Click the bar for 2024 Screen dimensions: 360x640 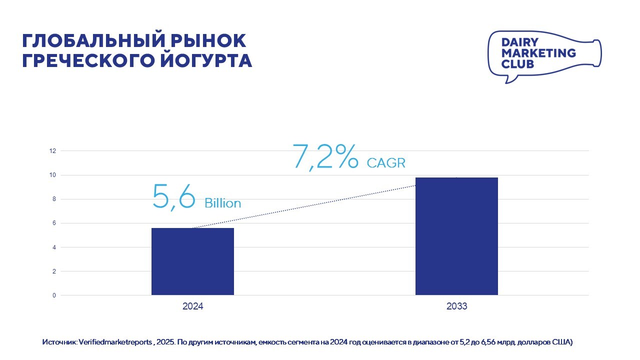(x=192, y=261)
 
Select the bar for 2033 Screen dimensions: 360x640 (x=456, y=236)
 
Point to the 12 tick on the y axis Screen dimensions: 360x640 (x=52, y=151)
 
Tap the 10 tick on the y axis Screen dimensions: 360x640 (x=52, y=175)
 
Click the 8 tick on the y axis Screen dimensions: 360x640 (x=53, y=199)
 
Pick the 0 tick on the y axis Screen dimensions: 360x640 (x=53, y=295)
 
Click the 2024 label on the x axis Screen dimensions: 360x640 (x=192, y=306)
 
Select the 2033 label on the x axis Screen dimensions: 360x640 (x=456, y=306)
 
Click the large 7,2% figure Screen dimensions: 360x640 (x=325, y=156)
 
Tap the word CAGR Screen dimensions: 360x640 (x=385, y=163)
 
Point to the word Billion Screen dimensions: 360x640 (x=222, y=203)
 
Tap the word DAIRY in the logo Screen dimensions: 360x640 (x=519, y=42)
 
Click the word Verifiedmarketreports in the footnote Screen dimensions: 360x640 (x=114, y=342)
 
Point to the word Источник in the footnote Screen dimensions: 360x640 (x=59, y=342)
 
